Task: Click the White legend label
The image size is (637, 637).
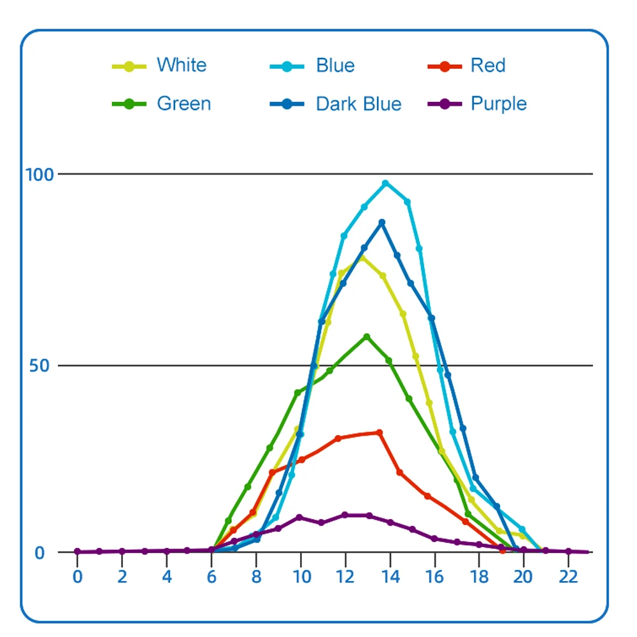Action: [182, 66]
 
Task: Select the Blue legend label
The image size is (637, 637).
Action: [335, 66]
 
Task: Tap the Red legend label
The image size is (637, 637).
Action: [488, 66]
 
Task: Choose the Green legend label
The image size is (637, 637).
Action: [183, 104]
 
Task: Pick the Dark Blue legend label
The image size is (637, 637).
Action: [359, 104]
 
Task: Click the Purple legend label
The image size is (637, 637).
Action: [499, 104]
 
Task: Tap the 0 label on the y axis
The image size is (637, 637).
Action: [39, 552]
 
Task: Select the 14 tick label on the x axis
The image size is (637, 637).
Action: [390, 577]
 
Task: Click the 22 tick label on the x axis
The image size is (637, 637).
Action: [568, 577]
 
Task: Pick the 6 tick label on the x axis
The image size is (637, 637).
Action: [211, 577]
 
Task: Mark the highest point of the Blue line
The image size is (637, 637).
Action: [385, 183]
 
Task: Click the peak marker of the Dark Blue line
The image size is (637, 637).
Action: [382, 223]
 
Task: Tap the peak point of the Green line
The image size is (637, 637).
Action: [367, 336]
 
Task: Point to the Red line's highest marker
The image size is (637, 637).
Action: [380, 433]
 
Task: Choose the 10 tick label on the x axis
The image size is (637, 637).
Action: [301, 577]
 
